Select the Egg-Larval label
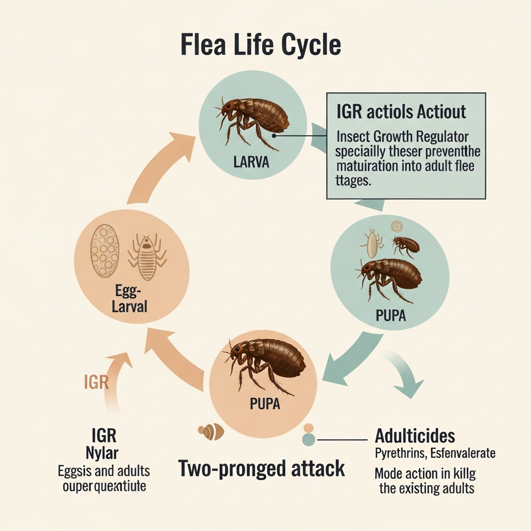(130, 300)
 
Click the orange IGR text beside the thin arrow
(96, 383)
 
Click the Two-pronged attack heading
(261, 468)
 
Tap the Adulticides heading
(415, 435)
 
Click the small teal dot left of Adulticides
(309, 440)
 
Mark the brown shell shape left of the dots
(212, 431)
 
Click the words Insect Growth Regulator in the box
(402, 137)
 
